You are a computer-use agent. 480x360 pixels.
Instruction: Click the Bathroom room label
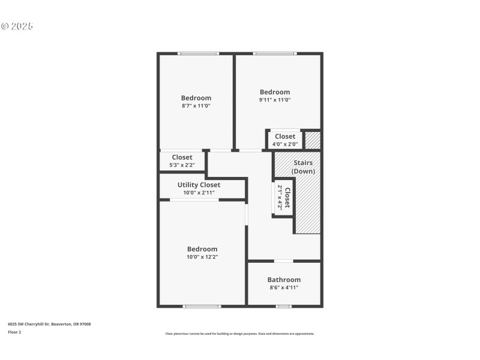tap(284, 280)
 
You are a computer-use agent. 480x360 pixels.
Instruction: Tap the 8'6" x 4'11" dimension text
tap(284, 287)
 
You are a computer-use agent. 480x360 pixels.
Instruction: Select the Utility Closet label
tap(199, 185)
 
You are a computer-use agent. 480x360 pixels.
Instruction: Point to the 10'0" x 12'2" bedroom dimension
tap(202, 257)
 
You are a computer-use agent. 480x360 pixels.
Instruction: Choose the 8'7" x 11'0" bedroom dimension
tap(196, 106)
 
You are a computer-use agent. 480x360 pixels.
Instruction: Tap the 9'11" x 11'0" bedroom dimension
tap(275, 100)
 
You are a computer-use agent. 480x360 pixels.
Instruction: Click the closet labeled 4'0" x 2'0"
tap(285, 140)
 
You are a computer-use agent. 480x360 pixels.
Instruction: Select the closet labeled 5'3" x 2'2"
tap(182, 161)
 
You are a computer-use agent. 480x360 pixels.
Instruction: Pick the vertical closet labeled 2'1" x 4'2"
tap(284, 197)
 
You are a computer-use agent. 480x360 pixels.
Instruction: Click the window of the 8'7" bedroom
tap(199, 53)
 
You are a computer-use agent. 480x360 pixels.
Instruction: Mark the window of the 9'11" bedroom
tap(275, 53)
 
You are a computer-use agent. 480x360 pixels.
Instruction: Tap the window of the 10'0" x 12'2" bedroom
tap(202, 307)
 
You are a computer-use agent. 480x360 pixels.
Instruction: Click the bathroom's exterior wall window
tap(284, 307)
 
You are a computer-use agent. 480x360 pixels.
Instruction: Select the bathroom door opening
tap(284, 261)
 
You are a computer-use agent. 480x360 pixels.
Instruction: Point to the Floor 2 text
tap(14, 332)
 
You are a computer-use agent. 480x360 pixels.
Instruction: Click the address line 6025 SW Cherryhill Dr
tap(49, 324)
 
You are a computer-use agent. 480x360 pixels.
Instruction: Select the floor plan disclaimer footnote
tap(240, 334)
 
